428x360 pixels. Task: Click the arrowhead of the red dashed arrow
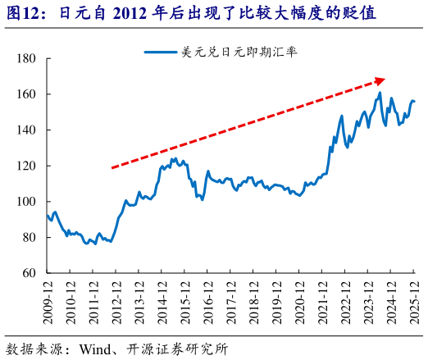pyautogui.click(x=380, y=80)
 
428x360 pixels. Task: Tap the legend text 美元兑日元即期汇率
pyautogui.click(x=239, y=51)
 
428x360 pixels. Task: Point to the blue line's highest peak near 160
pyautogui.click(x=380, y=93)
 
